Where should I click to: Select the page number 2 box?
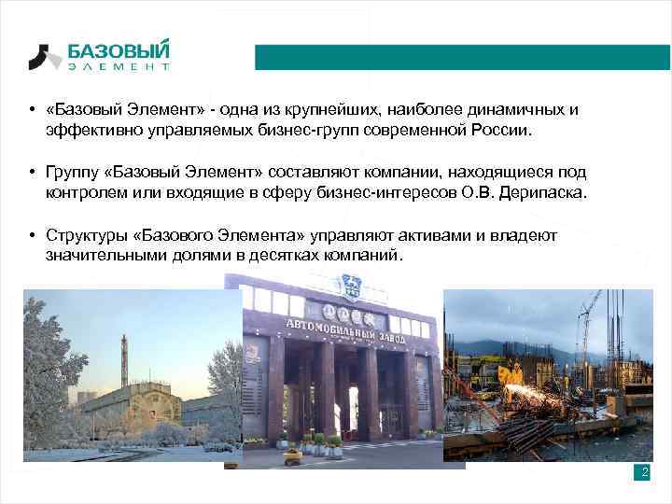(642, 472)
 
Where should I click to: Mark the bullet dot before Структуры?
(32, 235)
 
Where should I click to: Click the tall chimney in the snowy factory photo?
(124, 355)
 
